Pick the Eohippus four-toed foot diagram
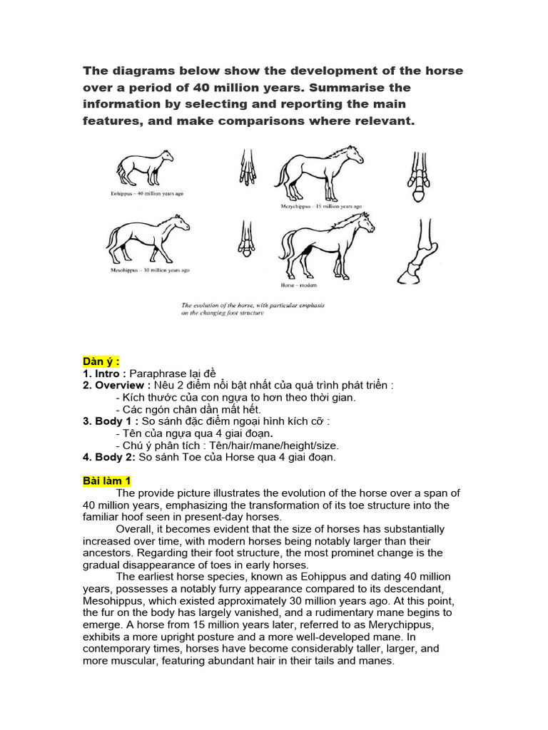[246, 170]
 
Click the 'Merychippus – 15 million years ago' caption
[320, 206]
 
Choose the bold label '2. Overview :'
[117, 385]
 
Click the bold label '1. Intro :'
[105, 373]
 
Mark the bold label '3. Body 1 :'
[111, 421]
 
